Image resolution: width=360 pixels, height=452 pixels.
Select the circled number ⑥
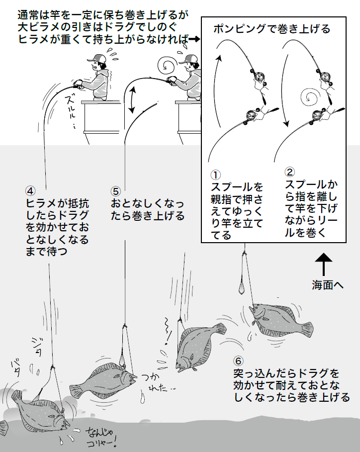click(239, 361)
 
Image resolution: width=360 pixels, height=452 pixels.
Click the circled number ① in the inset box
click(215, 175)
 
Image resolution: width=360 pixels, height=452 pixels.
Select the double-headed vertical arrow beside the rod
click(132, 99)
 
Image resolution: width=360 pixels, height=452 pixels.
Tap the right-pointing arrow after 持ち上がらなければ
click(194, 39)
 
